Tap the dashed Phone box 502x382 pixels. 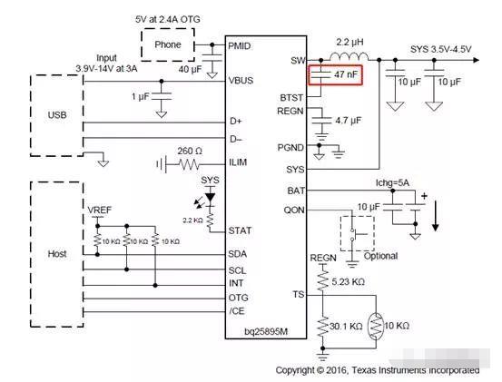pyautogui.click(x=169, y=44)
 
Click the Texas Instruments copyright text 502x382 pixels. pyautogui.click(x=378, y=370)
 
